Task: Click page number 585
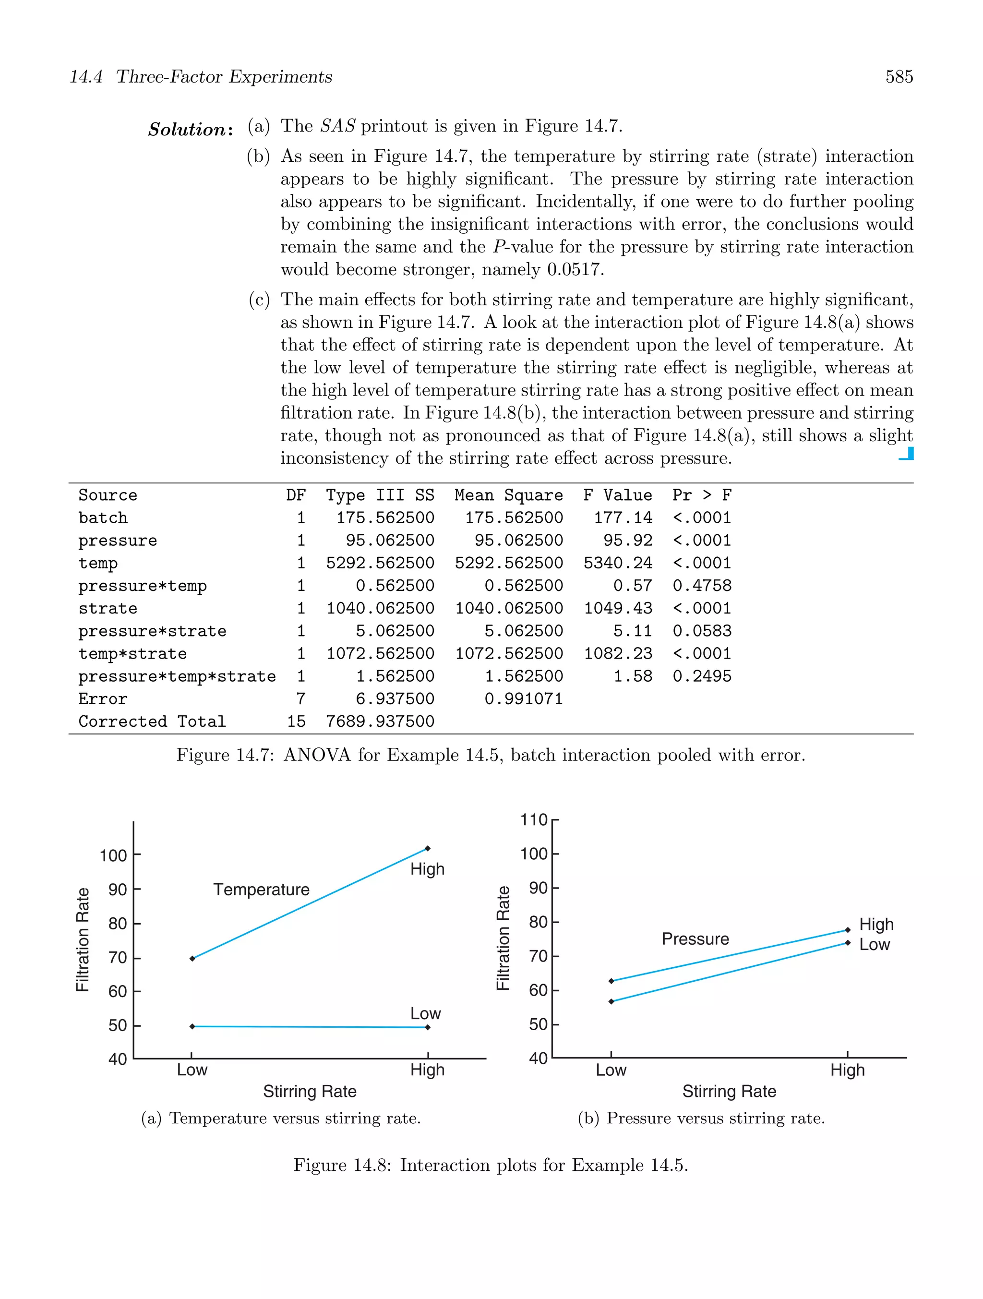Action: pos(899,77)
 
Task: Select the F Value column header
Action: pos(617,495)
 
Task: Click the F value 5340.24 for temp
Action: pos(617,563)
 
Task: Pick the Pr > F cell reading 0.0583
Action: pos(702,631)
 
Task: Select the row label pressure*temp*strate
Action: pos(177,676)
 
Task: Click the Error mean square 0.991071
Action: pos(523,699)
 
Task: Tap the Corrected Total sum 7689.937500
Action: pos(380,721)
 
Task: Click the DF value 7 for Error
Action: pos(300,699)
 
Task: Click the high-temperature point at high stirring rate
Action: pos(428,849)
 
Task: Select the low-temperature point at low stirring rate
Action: pos(192,1026)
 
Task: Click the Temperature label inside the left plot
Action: pos(261,890)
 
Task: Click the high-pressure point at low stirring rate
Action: pos(611,981)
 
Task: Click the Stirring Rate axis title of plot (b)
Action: pos(729,1092)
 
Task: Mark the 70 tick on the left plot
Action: pos(118,958)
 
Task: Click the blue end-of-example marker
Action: pos(907,454)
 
